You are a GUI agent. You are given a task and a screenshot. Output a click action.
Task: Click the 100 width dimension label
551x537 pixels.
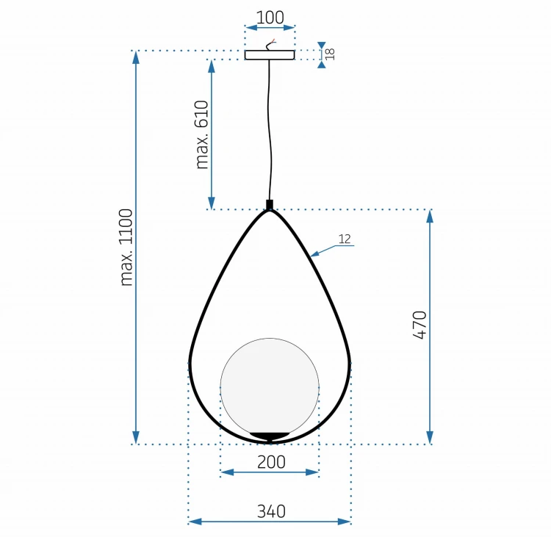(270, 17)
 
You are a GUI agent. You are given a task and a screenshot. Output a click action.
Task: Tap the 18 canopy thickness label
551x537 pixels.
(330, 54)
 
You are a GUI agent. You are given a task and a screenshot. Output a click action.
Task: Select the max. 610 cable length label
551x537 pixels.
(202, 134)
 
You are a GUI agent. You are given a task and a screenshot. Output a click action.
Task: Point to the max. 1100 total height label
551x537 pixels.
(126, 248)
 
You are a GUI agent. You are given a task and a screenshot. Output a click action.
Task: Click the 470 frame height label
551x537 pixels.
(419, 325)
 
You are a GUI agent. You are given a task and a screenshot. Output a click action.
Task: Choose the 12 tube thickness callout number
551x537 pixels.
(345, 239)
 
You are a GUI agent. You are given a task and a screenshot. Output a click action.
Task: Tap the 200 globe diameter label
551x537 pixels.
(271, 462)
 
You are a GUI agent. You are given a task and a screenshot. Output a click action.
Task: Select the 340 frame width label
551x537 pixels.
(271, 511)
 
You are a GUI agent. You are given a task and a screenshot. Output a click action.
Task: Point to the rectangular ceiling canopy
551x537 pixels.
(270, 55)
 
